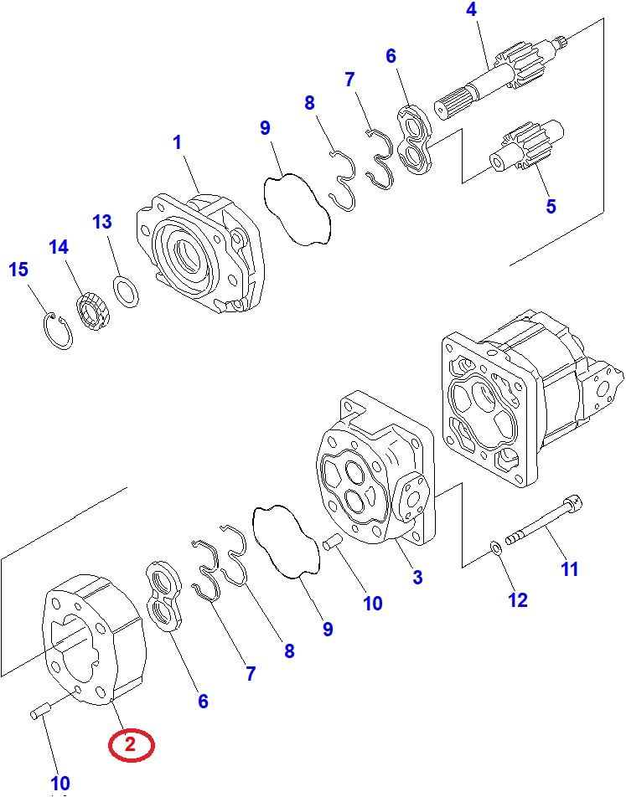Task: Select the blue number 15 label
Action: pyautogui.click(x=18, y=270)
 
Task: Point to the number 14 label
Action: pyautogui.click(x=59, y=248)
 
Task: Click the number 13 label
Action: pyautogui.click(x=101, y=222)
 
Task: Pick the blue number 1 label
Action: pyautogui.click(x=177, y=143)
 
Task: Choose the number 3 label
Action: pyautogui.click(x=417, y=577)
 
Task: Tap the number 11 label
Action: pyautogui.click(x=570, y=569)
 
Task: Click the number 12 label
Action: pyautogui.click(x=518, y=599)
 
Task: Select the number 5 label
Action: pyautogui.click(x=551, y=206)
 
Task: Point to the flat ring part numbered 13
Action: pyautogui.click(x=127, y=292)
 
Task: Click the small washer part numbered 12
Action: pyautogui.click(x=495, y=549)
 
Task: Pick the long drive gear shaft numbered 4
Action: pyautogui.click(x=503, y=80)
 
